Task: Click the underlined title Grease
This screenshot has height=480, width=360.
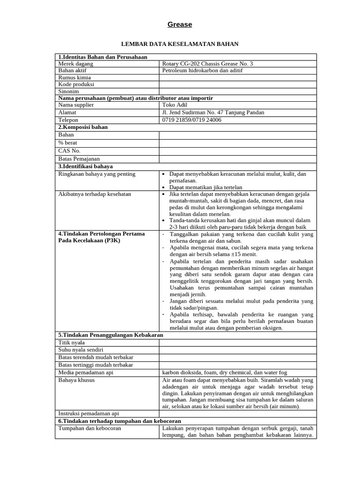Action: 180,24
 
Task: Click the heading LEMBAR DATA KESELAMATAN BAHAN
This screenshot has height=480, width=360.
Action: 180,44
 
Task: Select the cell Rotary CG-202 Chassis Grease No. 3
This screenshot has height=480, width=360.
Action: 207,64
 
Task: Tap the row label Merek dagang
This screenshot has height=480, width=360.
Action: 76,64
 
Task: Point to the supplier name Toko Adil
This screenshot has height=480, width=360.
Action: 175,105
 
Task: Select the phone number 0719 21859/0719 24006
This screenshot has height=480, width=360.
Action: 192,120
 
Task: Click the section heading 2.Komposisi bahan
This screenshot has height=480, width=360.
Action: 83,127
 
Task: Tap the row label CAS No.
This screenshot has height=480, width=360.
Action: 69,150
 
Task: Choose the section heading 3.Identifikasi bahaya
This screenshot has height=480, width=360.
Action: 85,166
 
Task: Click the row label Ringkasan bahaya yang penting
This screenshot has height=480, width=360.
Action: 97,174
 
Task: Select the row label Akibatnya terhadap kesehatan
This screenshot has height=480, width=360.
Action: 95,194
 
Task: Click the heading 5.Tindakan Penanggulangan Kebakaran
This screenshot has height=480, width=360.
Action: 111,335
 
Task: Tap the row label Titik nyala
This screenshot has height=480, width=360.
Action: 71,343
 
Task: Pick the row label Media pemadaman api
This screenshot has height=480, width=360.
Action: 86,373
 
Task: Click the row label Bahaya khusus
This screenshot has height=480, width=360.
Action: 76,380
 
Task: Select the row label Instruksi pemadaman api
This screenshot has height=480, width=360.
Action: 89,413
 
